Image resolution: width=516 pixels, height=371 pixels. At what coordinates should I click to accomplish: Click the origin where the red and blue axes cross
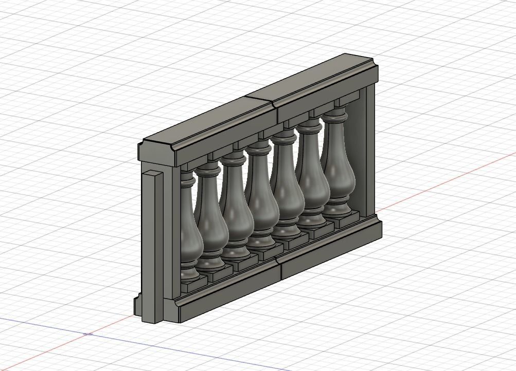[88, 334]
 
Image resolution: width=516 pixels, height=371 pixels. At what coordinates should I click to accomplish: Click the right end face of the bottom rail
[379, 230]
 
